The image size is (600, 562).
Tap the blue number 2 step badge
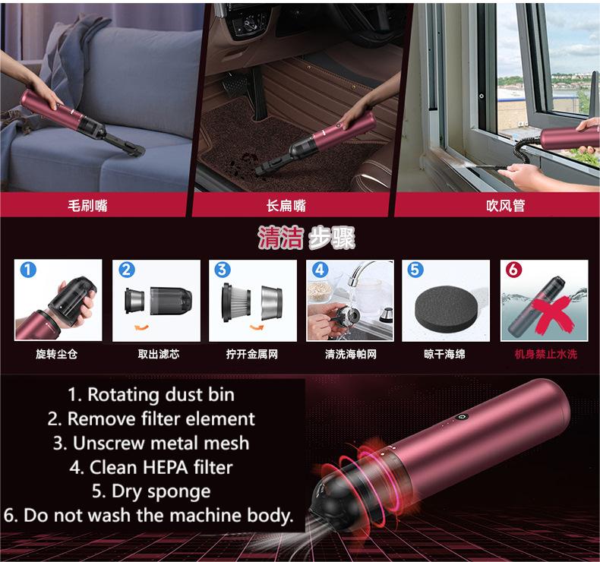[126, 270]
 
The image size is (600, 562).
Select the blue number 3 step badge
[222, 270]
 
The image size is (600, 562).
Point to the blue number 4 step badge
[319, 270]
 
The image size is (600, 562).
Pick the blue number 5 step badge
[415, 270]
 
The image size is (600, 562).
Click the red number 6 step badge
[513, 270]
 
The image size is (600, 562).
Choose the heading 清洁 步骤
[306, 238]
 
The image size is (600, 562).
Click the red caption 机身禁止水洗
[545, 354]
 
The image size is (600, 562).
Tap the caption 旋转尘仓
[57, 354]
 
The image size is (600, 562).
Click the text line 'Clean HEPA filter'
[152, 466]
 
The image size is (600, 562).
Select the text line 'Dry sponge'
[150, 491]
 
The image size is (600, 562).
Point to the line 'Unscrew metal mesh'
[151, 442]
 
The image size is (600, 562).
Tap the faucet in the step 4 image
[363, 275]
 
